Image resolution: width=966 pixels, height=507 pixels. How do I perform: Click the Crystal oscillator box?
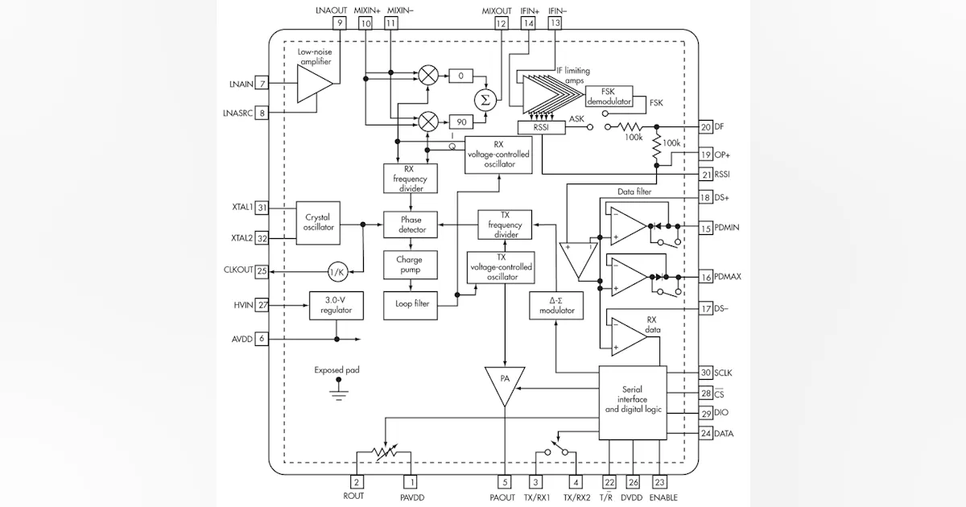click(x=318, y=222)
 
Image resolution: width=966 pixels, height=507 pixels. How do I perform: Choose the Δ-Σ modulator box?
click(x=556, y=305)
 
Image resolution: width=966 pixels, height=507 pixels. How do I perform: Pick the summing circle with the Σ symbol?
click(x=485, y=98)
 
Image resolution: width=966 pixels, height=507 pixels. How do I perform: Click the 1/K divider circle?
click(x=338, y=271)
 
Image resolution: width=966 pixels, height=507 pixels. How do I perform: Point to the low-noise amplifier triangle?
click(x=314, y=84)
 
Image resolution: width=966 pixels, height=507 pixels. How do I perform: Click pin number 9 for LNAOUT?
click(x=340, y=24)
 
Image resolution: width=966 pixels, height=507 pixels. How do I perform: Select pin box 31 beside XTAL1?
click(x=262, y=207)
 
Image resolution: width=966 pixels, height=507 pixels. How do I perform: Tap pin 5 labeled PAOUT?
click(x=505, y=482)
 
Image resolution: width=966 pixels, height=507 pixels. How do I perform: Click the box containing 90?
click(x=461, y=121)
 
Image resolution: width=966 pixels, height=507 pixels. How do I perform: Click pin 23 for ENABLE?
click(x=661, y=482)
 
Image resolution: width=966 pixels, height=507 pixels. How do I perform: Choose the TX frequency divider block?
click(x=505, y=225)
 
